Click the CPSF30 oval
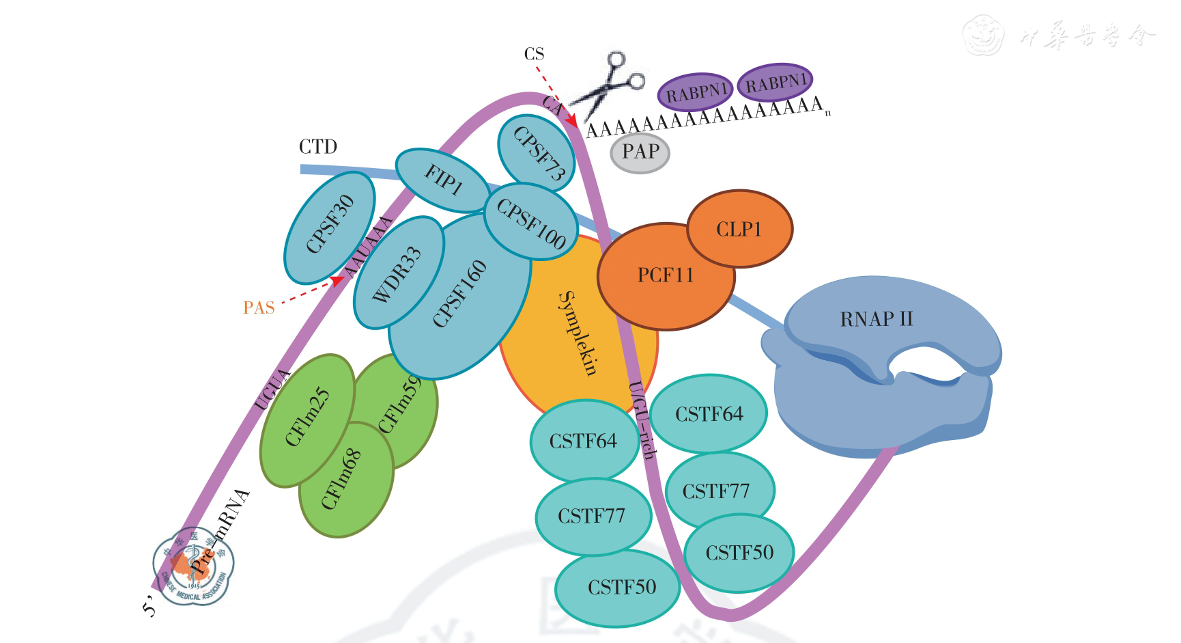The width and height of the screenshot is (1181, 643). click(329, 225)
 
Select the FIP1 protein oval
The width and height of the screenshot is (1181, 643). click(442, 180)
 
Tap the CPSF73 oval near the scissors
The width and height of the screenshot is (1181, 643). click(537, 154)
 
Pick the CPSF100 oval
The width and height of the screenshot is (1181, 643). click(530, 222)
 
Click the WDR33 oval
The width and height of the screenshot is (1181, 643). click(397, 273)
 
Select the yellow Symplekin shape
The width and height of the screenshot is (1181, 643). click(577, 335)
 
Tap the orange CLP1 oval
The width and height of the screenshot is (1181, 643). click(739, 229)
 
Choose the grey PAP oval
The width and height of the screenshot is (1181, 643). click(640, 152)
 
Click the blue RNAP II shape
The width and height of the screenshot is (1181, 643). click(881, 362)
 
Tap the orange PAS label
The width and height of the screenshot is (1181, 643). click(259, 308)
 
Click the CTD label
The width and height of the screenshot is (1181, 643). click(317, 147)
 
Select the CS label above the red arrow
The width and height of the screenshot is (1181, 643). click(534, 54)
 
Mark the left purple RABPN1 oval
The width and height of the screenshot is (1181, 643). click(695, 92)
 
